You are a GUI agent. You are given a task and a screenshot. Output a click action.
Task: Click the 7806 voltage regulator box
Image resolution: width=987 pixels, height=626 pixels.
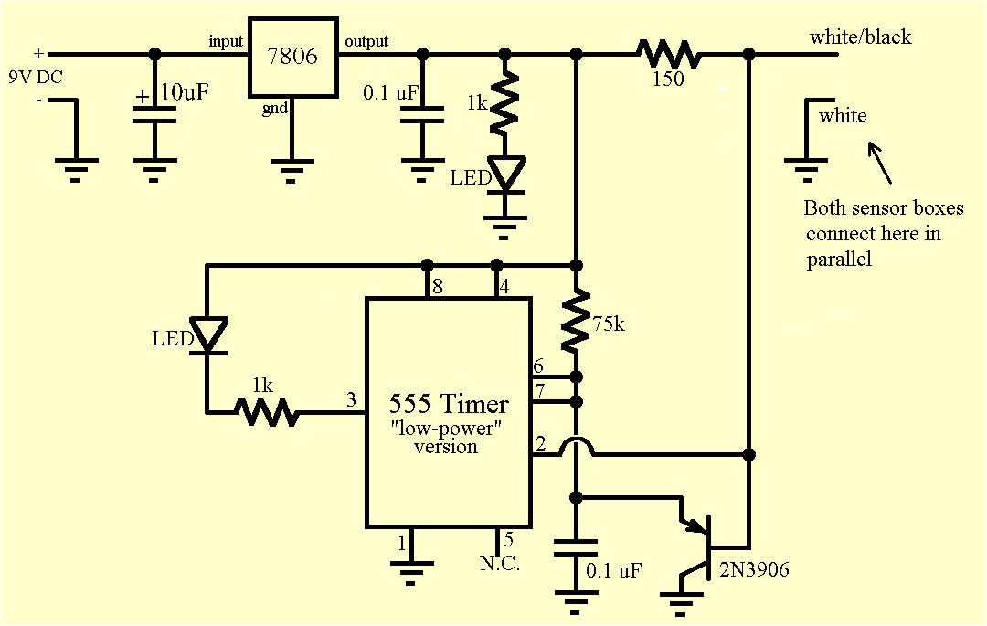tap(292, 57)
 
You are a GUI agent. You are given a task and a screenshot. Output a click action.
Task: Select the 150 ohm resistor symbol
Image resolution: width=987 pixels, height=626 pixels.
tap(670, 54)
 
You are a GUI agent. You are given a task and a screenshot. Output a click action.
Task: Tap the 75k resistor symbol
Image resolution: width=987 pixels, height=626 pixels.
tap(576, 320)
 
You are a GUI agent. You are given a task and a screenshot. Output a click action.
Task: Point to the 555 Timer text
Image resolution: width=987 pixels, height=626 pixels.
tap(449, 403)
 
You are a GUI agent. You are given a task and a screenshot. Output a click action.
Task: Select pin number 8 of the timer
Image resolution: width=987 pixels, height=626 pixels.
tap(438, 286)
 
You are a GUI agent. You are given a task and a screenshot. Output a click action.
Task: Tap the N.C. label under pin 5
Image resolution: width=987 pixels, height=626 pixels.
tap(500, 564)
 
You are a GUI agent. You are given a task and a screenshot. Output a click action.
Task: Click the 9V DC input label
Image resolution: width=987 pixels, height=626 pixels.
tap(36, 78)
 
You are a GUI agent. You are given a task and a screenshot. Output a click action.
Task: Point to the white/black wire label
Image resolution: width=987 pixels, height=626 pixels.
tap(860, 37)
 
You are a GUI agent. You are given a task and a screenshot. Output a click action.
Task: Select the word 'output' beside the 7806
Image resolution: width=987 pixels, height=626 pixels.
tap(366, 41)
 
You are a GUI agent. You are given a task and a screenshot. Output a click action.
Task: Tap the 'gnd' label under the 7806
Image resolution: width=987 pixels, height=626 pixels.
tap(274, 109)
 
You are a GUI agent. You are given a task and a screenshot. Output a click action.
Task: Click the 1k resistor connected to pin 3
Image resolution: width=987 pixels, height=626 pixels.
tap(266, 412)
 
